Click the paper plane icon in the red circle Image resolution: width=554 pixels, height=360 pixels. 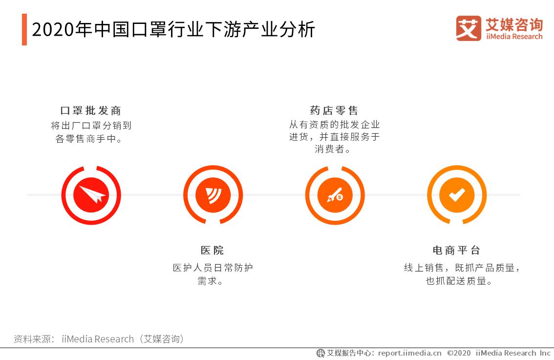pos(91,195)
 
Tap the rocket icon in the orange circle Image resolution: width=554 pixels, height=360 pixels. pos(335,195)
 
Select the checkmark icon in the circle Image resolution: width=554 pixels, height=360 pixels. pos(457,195)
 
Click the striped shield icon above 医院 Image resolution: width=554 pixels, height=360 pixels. pos(213,195)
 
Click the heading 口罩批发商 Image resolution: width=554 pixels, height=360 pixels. pos(91,110)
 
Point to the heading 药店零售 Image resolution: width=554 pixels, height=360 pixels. pos(335,110)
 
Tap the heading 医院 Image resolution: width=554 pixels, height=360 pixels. pos(213,251)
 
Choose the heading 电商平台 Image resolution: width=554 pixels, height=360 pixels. pos(457,251)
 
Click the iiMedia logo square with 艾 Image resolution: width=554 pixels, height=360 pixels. pos(468,28)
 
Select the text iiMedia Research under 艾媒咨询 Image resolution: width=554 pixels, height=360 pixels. pos(514,37)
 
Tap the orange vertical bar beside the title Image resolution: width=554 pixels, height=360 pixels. pos(24,30)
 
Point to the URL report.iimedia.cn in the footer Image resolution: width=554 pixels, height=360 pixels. pos(409,353)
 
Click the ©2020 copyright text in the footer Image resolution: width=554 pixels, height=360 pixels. pos(459,353)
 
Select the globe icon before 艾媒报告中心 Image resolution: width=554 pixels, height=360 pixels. pos(320,353)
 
